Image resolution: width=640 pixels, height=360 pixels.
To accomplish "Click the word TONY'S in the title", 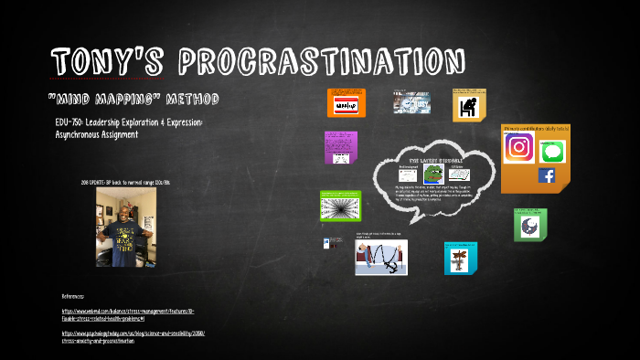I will [x=105, y=62].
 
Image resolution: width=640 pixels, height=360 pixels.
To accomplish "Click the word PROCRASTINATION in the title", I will [x=322, y=62].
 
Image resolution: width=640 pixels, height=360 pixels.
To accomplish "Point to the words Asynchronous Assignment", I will [x=96, y=134].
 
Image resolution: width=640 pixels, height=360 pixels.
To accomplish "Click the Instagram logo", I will [x=519, y=147].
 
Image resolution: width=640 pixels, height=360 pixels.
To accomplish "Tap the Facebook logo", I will [x=547, y=175].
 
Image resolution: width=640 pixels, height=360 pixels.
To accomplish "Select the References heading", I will [x=73, y=297].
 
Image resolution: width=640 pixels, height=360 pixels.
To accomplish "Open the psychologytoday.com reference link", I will [x=133, y=336].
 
